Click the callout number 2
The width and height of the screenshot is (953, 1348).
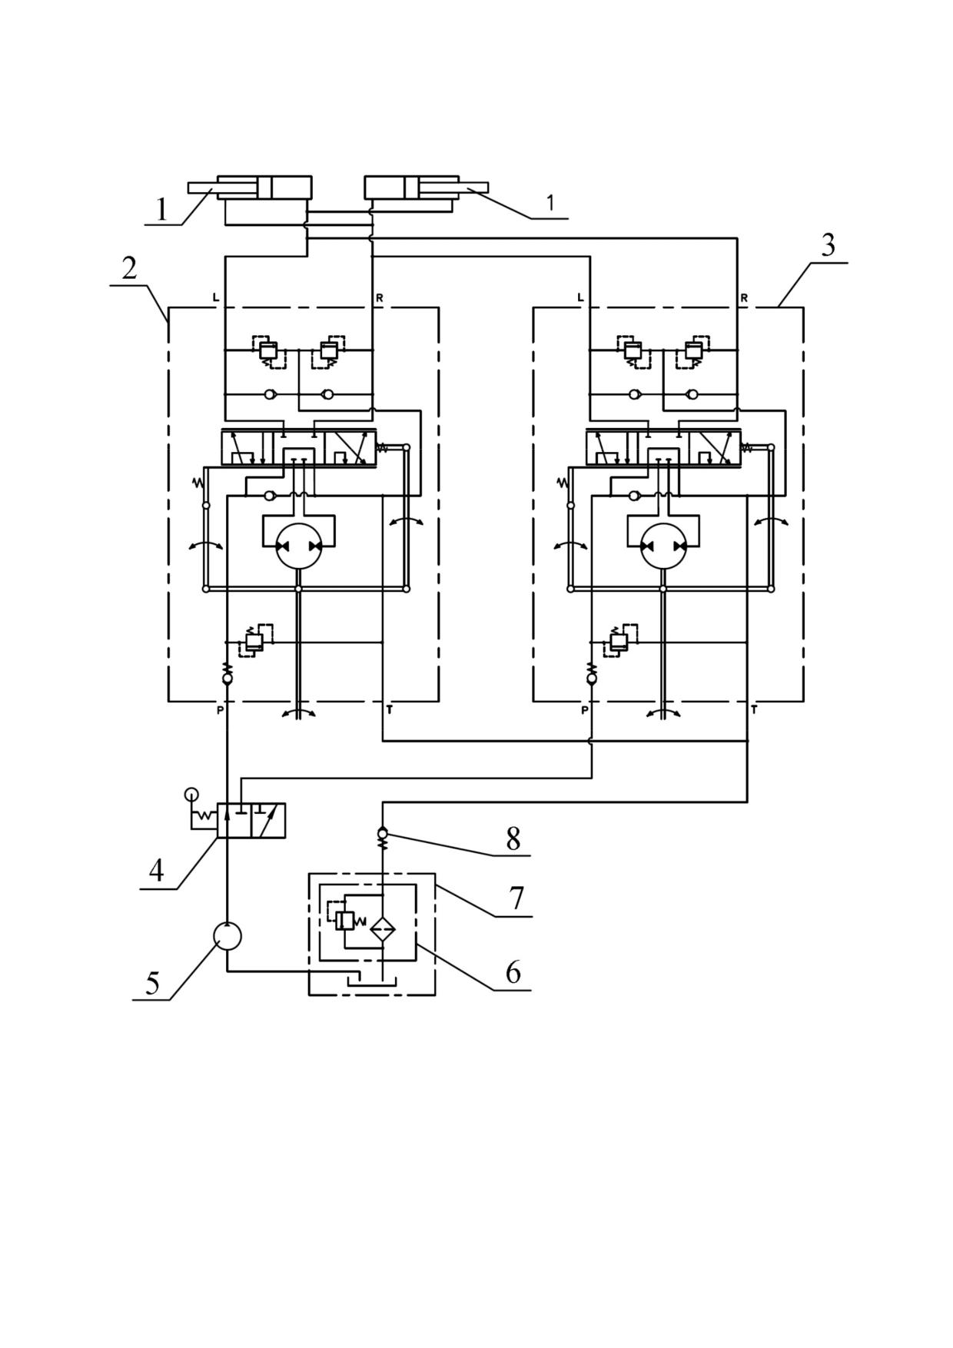click(129, 267)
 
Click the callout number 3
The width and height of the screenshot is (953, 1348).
click(828, 245)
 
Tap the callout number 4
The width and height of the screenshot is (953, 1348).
click(157, 872)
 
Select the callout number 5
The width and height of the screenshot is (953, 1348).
click(152, 983)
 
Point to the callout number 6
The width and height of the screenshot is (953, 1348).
click(513, 973)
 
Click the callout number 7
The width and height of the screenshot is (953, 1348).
click(516, 898)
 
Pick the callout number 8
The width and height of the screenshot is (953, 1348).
click(513, 838)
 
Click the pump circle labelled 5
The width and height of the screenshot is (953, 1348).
click(227, 936)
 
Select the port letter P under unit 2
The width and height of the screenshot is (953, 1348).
click(220, 710)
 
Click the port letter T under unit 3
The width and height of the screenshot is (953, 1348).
click(754, 710)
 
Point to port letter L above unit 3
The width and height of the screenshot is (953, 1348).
click(580, 298)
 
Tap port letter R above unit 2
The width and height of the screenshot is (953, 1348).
click(380, 298)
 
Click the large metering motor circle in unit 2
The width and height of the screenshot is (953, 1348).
click(298, 546)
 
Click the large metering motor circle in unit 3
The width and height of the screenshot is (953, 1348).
click(663, 546)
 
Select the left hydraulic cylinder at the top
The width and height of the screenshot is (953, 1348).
click(251, 189)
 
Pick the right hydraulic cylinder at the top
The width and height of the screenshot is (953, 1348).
click(427, 189)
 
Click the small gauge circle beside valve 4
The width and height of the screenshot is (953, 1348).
click(191, 794)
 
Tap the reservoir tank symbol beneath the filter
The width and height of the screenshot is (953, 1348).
click(372, 981)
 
